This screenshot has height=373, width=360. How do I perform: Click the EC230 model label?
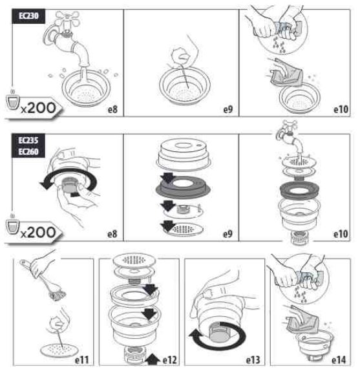point(28,16)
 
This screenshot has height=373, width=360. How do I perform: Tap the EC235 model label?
point(28,140)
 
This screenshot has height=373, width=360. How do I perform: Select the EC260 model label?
point(28,151)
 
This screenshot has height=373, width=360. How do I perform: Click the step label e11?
point(82,360)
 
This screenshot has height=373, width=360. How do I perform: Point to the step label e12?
point(170,360)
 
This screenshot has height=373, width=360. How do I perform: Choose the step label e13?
point(253,360)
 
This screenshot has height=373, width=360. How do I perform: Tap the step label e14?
point(339,360)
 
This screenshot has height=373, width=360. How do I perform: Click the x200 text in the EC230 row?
point(38,108)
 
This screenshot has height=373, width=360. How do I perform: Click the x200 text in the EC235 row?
point(38,233)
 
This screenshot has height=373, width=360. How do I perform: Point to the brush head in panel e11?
point(58,295)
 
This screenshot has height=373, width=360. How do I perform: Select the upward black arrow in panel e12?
point(153,359)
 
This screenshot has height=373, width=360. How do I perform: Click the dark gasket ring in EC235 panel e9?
point(183,187)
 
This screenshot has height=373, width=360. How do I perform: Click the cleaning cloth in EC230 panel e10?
point(287,73)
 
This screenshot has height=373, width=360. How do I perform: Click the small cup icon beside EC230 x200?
point(12,101)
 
